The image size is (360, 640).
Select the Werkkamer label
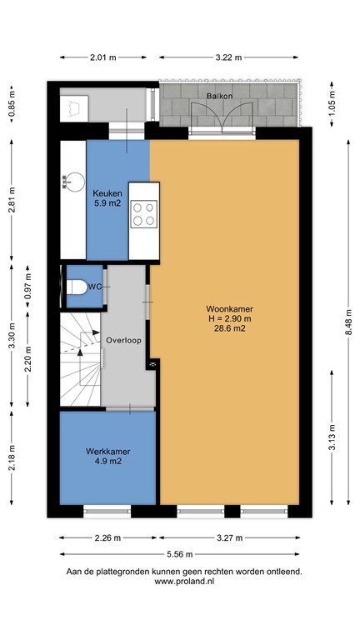pos(108,451)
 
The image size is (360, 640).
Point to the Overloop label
pos(124,340)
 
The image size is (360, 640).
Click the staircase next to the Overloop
pos(80,358)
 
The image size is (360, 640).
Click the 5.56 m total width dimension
pos(181,553)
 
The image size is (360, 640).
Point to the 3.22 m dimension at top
pos(227,57)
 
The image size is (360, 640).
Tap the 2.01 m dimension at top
pos(102,57)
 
